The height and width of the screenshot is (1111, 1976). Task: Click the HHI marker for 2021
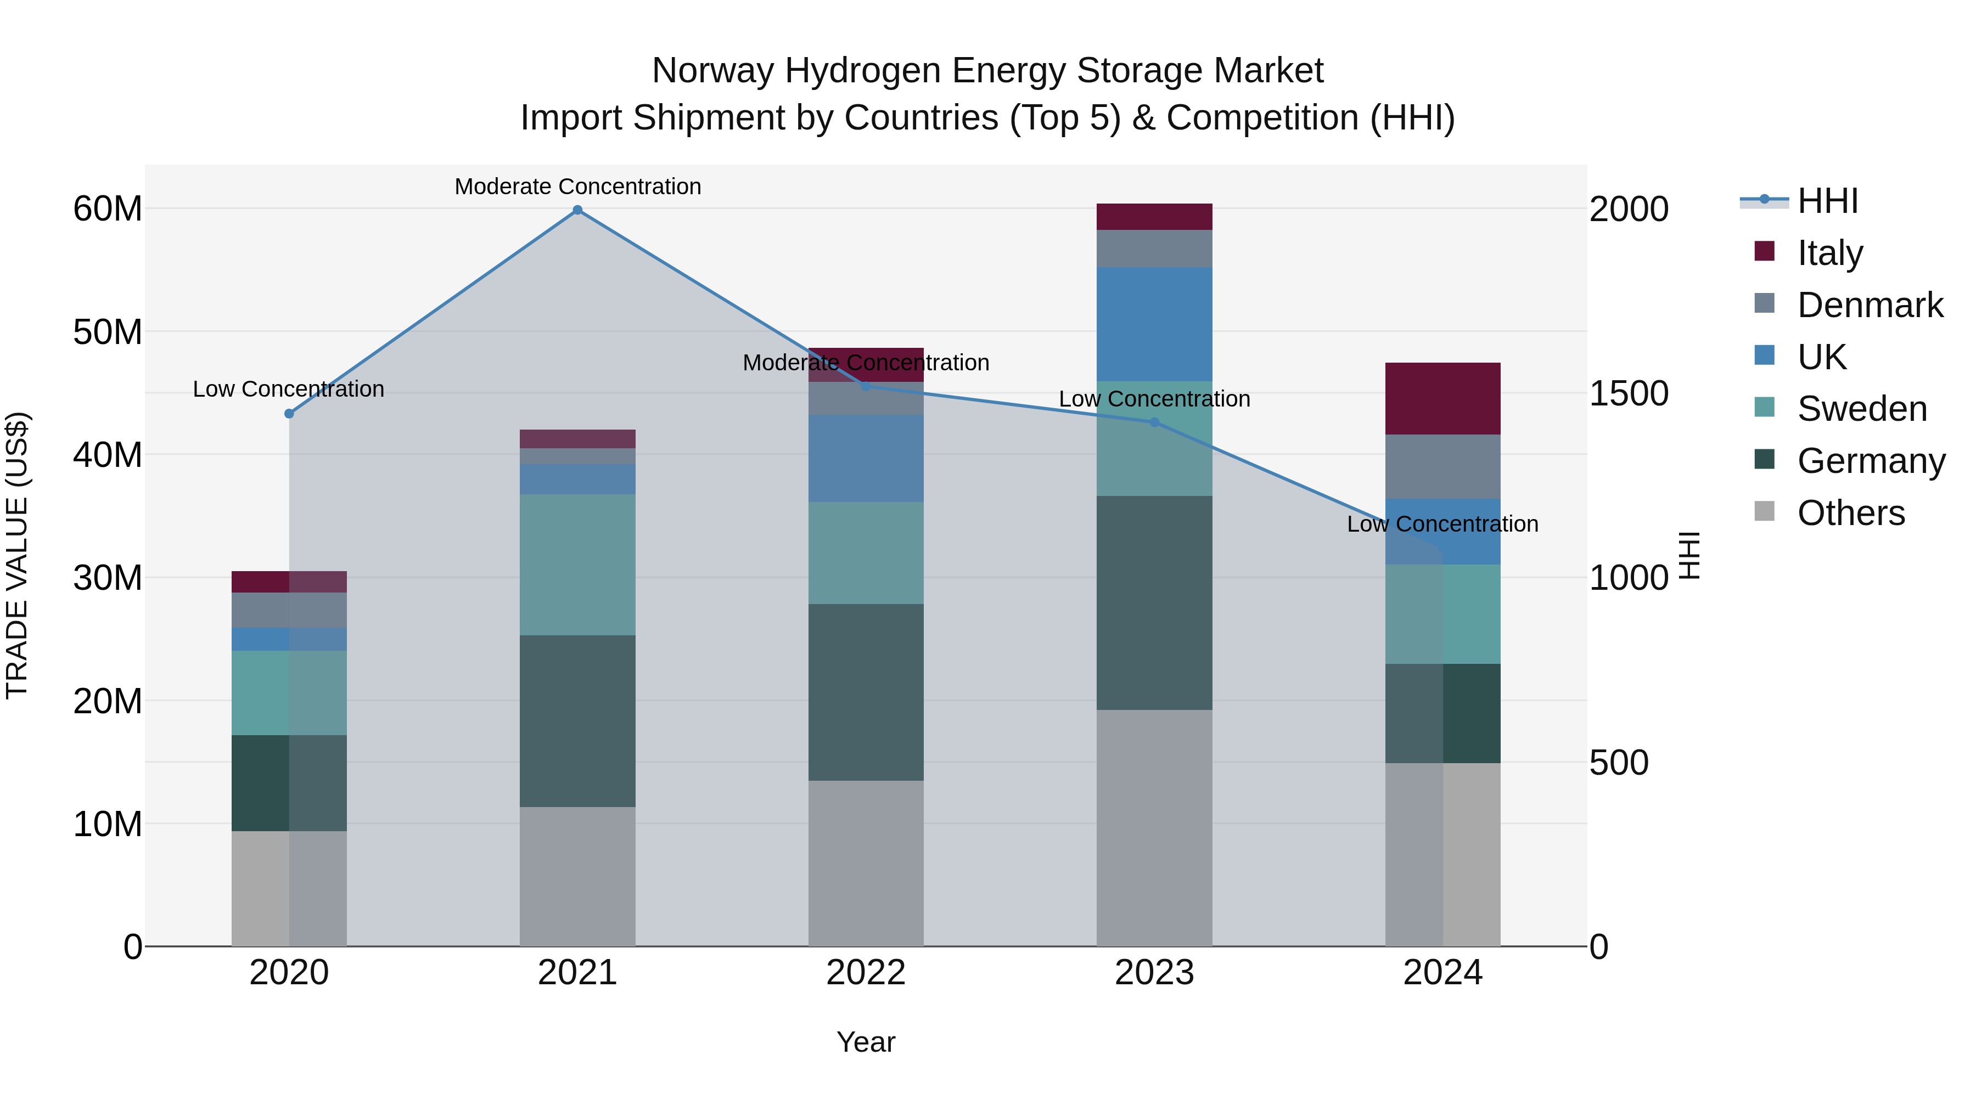(577, 210)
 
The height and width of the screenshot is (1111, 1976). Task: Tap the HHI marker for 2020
(289, 414)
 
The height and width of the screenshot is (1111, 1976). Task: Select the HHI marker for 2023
(1154, 422)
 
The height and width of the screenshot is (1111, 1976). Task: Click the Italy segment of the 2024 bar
(1442, 399)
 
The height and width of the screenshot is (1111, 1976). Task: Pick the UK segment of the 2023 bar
(1154, 324)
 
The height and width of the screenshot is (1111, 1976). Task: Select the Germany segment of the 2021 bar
(577, 721)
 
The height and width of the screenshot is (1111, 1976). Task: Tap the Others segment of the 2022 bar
(866, 864)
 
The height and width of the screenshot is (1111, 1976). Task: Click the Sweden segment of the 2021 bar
(577, 565)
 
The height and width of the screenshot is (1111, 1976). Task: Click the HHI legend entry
(1827, 201)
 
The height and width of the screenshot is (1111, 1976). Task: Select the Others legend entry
(1850, 513)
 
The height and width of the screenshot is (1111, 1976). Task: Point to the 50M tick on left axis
(108, 332)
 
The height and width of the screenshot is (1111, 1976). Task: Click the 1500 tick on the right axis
(1629, 393)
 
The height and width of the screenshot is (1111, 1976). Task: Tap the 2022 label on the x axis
(866, 973)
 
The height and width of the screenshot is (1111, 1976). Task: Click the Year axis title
(866, 1042)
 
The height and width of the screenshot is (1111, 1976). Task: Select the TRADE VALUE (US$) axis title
(18, 555)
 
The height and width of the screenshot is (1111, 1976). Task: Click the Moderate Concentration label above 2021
(577, 187)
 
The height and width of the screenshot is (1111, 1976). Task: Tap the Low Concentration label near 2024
(1442, 525)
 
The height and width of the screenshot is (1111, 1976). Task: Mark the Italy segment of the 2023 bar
(1154, 217)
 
